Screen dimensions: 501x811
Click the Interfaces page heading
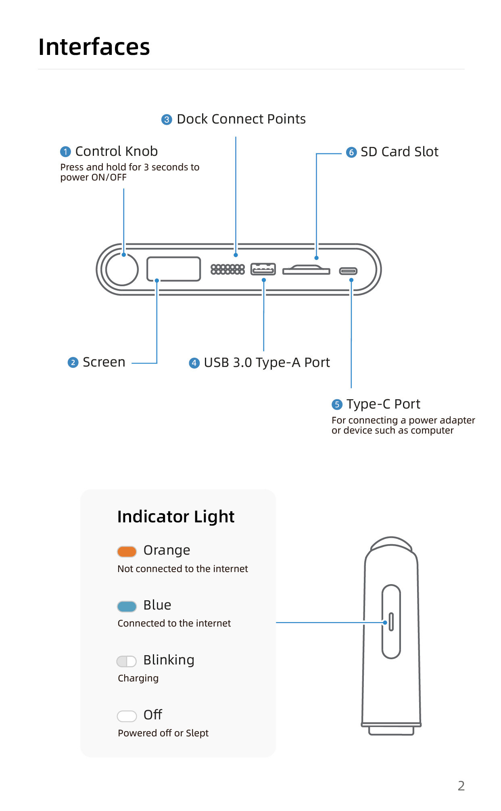94,47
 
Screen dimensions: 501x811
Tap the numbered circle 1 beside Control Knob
65,152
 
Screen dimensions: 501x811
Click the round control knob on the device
122,269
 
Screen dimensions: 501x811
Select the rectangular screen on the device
173,269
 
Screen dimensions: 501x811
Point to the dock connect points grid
228,269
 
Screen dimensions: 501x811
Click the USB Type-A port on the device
263,269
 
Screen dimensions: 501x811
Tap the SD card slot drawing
306,270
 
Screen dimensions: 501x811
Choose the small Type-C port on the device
348,271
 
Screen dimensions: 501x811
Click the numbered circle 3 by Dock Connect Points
167,119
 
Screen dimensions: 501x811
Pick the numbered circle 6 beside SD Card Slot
351,152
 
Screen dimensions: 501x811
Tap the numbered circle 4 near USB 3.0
194,363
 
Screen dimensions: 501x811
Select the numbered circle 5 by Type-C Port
337,404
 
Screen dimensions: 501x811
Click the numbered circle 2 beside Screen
73,363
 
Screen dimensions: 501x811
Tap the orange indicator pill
127,551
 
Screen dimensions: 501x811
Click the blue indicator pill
127,606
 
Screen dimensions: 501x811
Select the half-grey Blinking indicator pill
127,661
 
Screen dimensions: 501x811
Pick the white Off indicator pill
127,716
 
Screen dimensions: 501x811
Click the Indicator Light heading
176,517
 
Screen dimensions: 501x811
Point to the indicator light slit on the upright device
391,622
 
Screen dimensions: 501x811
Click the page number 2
461,786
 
